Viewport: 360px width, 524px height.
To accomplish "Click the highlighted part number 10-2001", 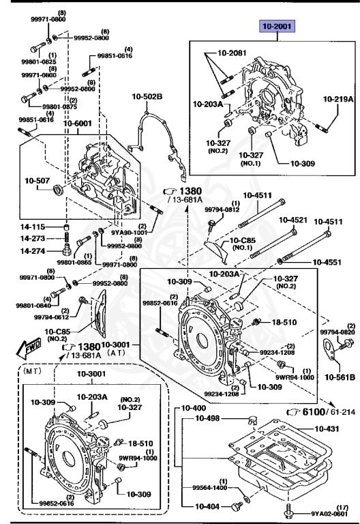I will coord(279,27).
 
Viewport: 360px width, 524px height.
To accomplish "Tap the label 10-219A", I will coord(338,99).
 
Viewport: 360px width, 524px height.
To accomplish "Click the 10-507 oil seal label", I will coord(38,181).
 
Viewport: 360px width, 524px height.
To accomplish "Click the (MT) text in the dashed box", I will coord(33,374).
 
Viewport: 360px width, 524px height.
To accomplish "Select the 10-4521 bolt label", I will coord(294,220).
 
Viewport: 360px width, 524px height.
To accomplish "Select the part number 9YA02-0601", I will coord(332,514).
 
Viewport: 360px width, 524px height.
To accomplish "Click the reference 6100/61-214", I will coord(319,412).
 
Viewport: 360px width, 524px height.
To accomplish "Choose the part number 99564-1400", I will coord(209,487).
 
